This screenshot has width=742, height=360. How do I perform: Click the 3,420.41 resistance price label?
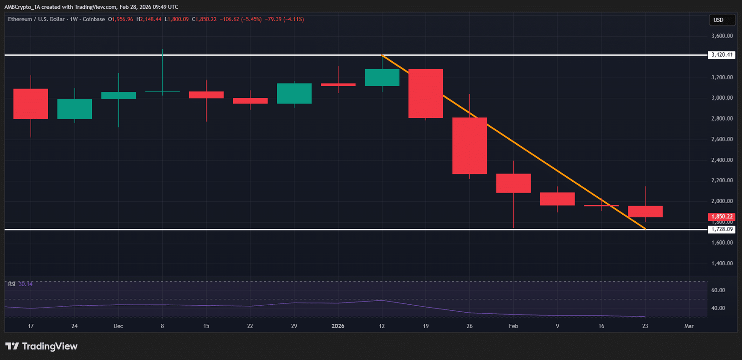click(x=722, y=55)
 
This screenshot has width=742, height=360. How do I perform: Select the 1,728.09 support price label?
click(x=722, y=229)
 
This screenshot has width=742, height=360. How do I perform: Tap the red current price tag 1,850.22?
click(x=722, y=217)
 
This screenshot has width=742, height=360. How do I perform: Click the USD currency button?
click(x=722, y=20)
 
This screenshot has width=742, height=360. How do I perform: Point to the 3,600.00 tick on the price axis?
click(x=722, y=36)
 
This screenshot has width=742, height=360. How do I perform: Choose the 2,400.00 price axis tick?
click(x=722, y=160)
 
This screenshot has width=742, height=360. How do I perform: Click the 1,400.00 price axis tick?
click(x=722, y=264)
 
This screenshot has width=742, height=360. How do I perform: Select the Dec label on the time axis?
click(x=118, y=326)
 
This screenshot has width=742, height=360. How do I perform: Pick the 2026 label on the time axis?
click(x=338, y=326)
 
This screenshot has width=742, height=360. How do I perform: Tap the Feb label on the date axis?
click(x=513, y=326)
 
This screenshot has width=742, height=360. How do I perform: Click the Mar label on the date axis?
click(x=689, y=326)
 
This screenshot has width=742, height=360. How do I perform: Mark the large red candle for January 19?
click(x=426, y=93)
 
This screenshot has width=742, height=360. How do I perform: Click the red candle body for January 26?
click(x=469, y=146)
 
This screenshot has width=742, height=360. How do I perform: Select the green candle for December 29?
click(x=294, y=93)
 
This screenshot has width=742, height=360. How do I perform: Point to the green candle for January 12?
click(x=382, y=77)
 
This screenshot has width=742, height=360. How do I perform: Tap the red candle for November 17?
click(x=31, y=104)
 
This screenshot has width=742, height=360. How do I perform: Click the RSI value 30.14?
click(x=26, y=284)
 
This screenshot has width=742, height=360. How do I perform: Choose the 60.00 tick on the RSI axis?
click(x=718, y=290)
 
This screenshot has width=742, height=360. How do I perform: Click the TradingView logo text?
click(x=49, y=347)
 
